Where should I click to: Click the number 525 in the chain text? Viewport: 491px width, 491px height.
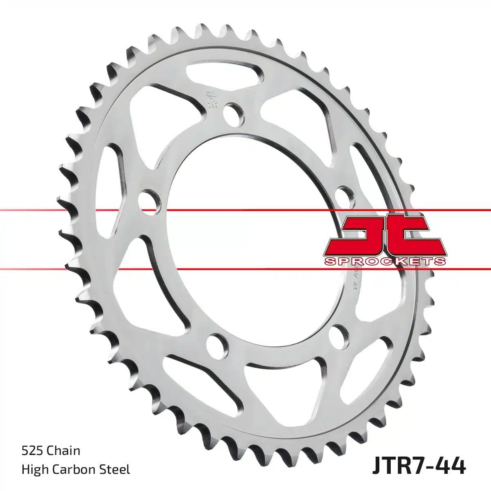32,451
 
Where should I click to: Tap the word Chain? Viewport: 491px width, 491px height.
63,451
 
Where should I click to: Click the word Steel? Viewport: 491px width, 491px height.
117,469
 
